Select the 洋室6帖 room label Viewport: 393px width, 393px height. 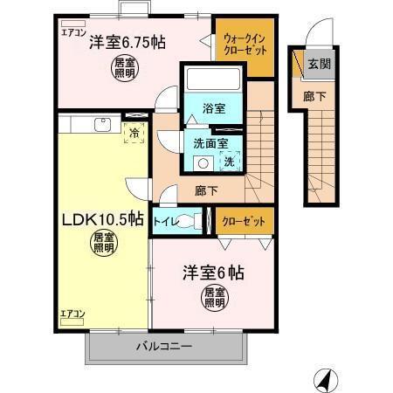coord(212,272)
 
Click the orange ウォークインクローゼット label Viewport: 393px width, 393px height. coord(240,45)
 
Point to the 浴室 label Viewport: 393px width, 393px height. coord(214,109)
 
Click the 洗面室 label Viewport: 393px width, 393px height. coord(211,144)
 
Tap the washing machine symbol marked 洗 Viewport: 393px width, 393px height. coord(229,161)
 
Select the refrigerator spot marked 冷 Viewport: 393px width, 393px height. coord(134,134)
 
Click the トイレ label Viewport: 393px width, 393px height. coord(165,221)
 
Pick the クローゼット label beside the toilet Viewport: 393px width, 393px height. coord(242,221)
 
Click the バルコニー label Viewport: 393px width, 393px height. coord(163,346)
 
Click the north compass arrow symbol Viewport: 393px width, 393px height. coord(323,378)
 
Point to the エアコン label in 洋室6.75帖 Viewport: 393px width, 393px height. coord(71,31)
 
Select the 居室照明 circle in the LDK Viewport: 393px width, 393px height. coord(105,242)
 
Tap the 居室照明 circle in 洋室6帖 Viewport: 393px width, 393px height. coord(214,297)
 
